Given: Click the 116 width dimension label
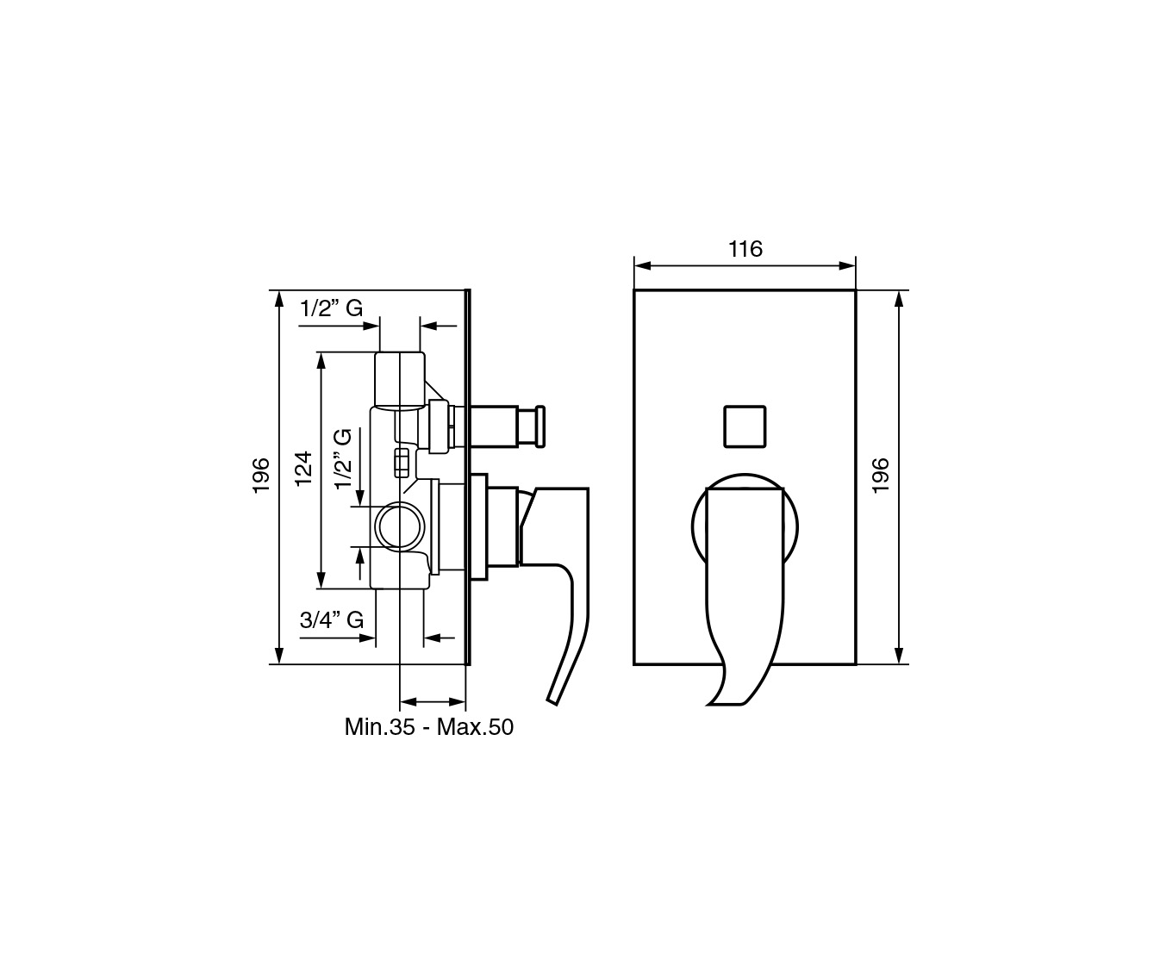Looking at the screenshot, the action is point(745,249).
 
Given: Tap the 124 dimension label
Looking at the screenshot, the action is point(304,470).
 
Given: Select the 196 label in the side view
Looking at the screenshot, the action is point(261,476).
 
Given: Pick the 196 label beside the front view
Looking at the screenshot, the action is point(880,476).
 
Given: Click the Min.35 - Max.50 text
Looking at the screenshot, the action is point(429,727).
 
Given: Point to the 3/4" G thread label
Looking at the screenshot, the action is point(332,619).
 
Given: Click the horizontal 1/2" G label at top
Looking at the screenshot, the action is point(331,308).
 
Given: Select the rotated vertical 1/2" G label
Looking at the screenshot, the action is point(343,459).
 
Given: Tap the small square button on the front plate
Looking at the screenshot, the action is point(745,426).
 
